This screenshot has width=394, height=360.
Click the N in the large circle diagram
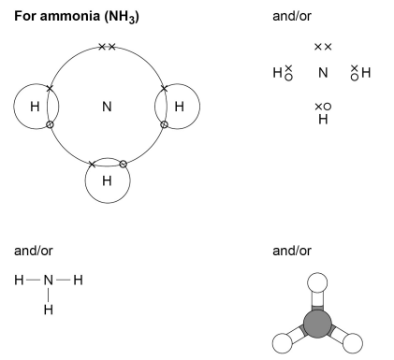click(107, 107)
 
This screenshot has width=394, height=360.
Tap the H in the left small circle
click(34, 107)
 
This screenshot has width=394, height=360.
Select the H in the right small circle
click(178, 107)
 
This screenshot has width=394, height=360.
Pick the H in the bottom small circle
click(106, 180)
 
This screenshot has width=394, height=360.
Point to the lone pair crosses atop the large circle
click(107, 46)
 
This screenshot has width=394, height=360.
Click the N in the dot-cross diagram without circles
click(323, 72)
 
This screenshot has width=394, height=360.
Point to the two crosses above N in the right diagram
click(323, 47)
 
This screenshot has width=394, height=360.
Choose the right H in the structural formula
click(79, 280)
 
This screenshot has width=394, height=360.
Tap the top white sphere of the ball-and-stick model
click(318, 283)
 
